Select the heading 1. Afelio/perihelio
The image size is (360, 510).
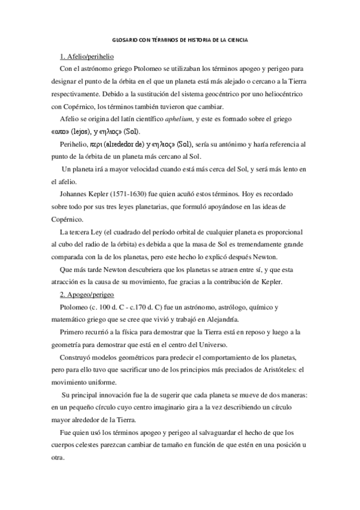coord(87,57)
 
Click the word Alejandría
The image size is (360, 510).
coord(220,319)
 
